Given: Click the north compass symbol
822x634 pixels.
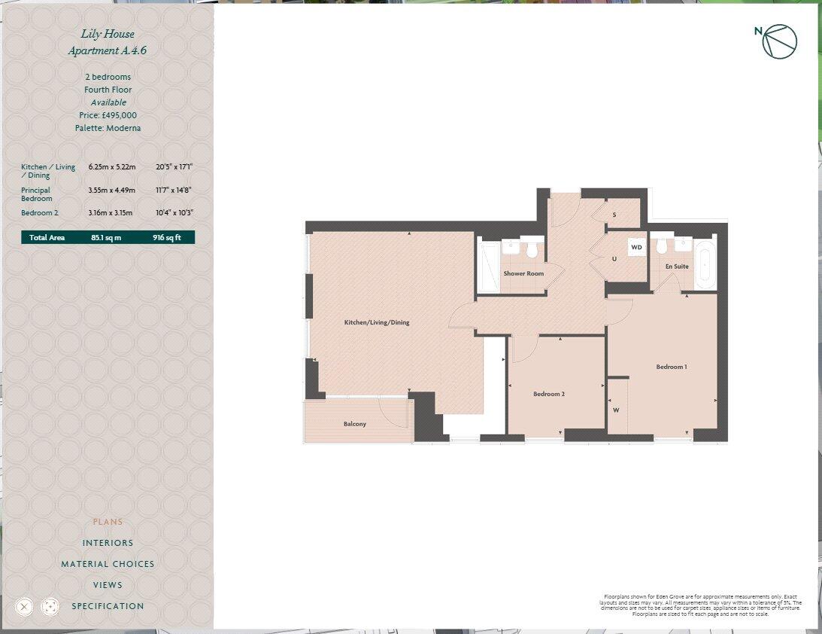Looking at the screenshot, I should click(780, 41).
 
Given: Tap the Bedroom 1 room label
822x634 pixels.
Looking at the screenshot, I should click(672, 367).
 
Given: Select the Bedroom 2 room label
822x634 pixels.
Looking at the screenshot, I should click(549, 394).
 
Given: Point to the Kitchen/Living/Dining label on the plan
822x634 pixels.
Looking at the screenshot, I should click(377, 322).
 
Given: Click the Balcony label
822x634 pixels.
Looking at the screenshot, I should click(355, 424).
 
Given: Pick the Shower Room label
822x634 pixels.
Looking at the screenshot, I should click(523, 273).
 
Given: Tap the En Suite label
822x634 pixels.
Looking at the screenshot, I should click(677, 267).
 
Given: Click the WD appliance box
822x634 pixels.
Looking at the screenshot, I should click(636, 247).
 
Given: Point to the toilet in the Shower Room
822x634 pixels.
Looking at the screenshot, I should click(533, 247).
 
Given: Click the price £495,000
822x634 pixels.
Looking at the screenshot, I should click(108, 115).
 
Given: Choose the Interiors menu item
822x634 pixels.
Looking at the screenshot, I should click(108, 543).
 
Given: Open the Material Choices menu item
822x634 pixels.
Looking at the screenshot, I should click(108, 564).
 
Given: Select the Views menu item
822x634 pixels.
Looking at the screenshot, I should click(108, 585).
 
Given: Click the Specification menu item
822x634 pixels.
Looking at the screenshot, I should click(108, 606).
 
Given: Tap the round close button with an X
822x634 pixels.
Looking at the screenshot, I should click(24, 606).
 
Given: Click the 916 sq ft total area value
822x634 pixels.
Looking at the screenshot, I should click(167, 238).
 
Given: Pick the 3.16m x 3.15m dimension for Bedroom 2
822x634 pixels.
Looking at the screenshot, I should click(111, 213).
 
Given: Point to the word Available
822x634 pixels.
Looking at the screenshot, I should click(108, 102).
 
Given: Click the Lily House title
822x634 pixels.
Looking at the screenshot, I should click(108, 34).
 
